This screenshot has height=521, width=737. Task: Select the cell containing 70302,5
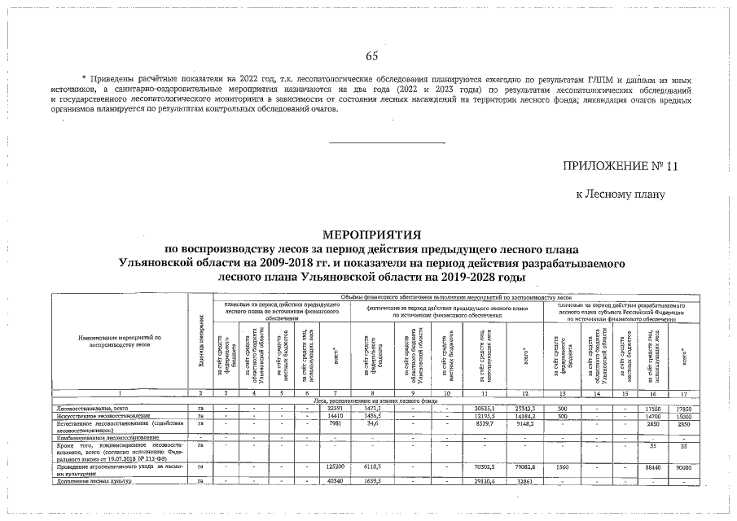485,466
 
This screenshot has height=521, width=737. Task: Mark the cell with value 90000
684,466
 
